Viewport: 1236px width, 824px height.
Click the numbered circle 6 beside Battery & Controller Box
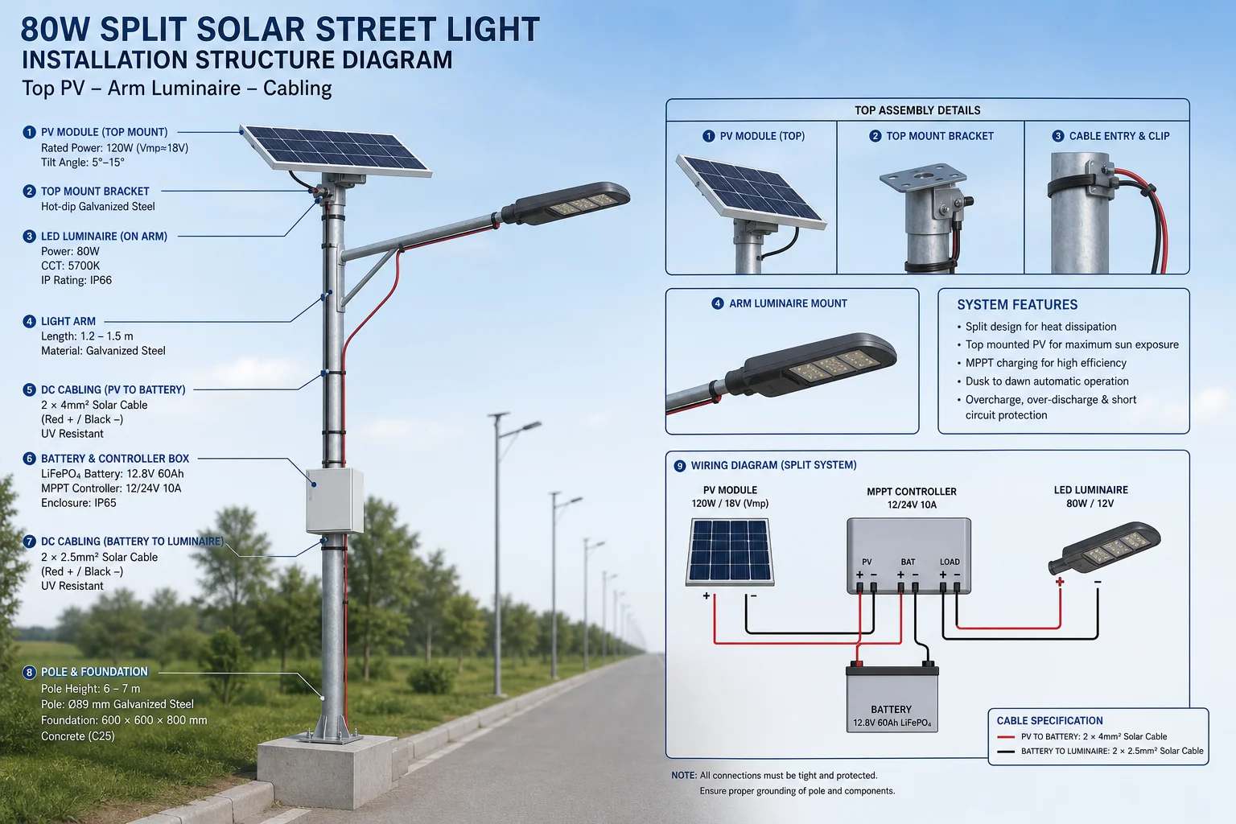coord(29,459)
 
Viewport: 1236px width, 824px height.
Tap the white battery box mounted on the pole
coord(335,501)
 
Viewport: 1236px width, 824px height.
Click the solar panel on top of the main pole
coord(336,150)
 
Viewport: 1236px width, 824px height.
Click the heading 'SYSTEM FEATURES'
coord(1017,305)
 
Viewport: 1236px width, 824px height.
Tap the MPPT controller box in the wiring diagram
coord(908,556)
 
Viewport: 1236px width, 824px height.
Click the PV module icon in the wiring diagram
coord(730,552)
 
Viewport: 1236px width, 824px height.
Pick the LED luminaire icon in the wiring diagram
coord(1103,549)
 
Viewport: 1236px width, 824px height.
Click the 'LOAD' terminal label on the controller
coord(950,562)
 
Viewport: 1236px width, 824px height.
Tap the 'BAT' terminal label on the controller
coord(908,562)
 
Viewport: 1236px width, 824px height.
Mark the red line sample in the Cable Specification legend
coord(1006,737)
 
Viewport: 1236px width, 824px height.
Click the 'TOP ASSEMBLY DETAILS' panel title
coord(917,110)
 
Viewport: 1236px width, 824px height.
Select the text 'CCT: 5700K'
coord(70,266)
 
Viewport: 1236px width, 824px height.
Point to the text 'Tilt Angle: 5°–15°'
coord(83,163)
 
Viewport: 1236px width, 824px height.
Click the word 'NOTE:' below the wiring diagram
coord(684,776)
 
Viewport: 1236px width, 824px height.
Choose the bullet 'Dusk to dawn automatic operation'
coord(1047,381)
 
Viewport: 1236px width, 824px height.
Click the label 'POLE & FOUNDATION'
coord(94,672)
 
